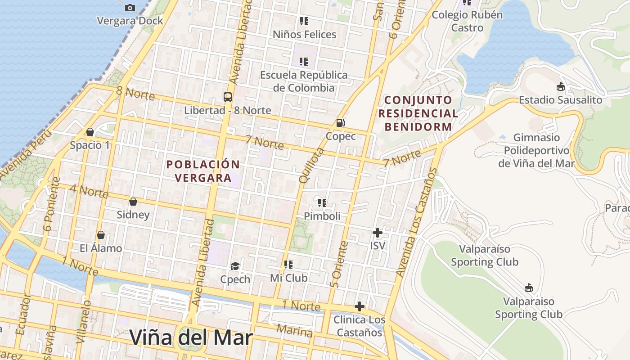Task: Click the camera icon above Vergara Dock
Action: click(130, 8)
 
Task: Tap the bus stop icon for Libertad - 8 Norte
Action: click(228, 97)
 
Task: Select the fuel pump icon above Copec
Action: click(341, 122)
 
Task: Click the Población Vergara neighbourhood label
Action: click(203, 171)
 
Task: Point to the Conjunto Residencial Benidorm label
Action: click(418, 113)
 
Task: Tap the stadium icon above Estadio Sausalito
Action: click(561, 86)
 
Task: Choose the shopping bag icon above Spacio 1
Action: click(90, 132)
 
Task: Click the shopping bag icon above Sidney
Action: click(133, 201)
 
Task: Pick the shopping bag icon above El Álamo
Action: click(101, 235)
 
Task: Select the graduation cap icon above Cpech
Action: click(235, 266)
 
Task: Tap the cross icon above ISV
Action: click(378, 233)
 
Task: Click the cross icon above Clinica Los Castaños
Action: click(359, 306)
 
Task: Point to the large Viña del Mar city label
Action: click(191, 337)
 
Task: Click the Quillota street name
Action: click(311, 166)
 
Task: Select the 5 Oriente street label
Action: click(339, 265)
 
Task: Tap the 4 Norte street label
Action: click(89, 191)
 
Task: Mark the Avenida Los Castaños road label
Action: click(416, 222)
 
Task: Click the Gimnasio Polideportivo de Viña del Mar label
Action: click(536, 150)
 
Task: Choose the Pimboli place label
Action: click(322, 216)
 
